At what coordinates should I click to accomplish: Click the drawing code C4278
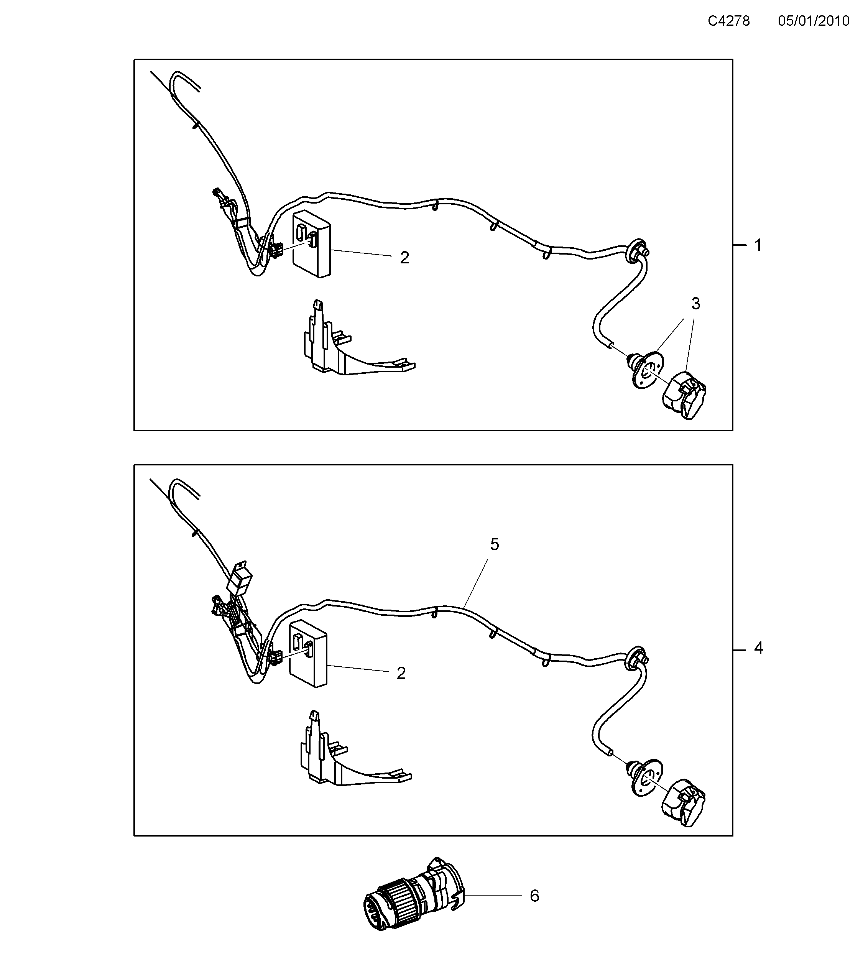pyautogui.click(x=728, y=21)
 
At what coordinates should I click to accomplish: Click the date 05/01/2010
pyautogui.click(x=813, y=21)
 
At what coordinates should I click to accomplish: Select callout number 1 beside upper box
pyautogui.click(x=758, y=245)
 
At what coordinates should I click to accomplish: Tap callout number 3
pyautogui.click(x=695, y=303)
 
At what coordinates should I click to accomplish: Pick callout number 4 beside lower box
pyautogui.click(x=758, y=648)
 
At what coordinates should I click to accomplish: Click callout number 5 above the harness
pyautogui.click(x=495, y=544)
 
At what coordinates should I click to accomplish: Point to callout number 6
pyautogui.click(x=534, y=895)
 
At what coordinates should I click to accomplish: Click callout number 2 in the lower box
pyautogui.click(x=401, y=673)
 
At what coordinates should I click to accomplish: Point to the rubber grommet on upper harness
pyautogui.click(x=633, y=251)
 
